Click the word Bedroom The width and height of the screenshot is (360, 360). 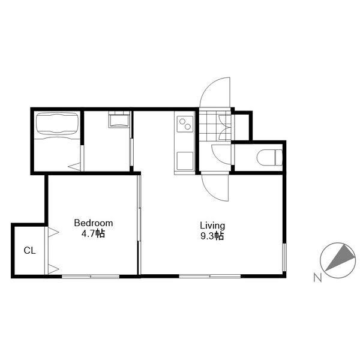click(x=94, y=223)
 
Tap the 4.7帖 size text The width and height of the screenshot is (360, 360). click(x=93, y=234)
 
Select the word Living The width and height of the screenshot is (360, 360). click(x=212, y=226)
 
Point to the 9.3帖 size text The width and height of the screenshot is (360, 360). click(x=212, y=236)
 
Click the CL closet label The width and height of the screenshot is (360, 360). click(x=29, y=250)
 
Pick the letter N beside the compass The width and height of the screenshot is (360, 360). click(x=317, y=278)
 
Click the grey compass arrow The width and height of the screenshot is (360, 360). click(x=340, y=257)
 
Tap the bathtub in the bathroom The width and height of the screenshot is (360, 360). click(x=57, y=123)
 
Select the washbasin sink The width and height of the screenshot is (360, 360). click(x=119, y=121)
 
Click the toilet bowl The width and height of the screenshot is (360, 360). click(x=269, y=157)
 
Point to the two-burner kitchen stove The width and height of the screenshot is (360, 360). click(x=185, y=124)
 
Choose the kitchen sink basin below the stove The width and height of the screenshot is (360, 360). click(x=185, y=161)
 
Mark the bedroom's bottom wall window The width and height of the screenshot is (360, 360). click(x=91, y=277)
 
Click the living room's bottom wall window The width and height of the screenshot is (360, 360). click(x=209, y=276)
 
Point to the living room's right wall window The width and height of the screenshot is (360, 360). click(x=284, y=257)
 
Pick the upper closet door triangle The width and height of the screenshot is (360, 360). click(x=53, y=232)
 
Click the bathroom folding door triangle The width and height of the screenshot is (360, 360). click(x=74, y=166)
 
